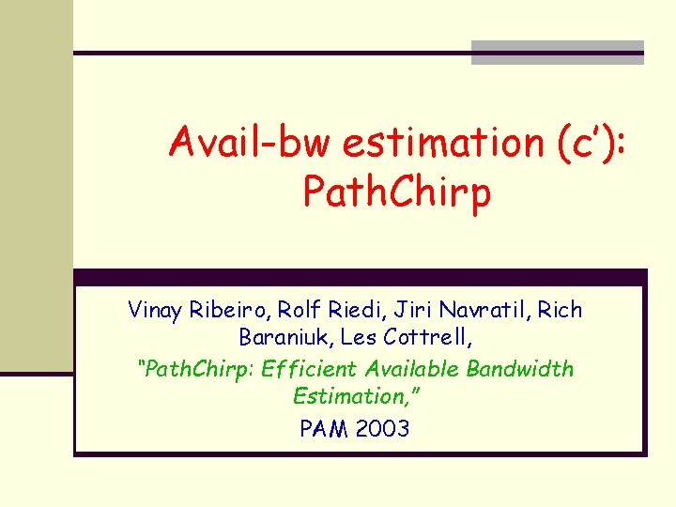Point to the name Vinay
click(x=156, y=310)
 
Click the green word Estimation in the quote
click(x=352, y=398)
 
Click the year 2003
click(x=381, y=429)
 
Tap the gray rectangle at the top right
click(x=557, y=53)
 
